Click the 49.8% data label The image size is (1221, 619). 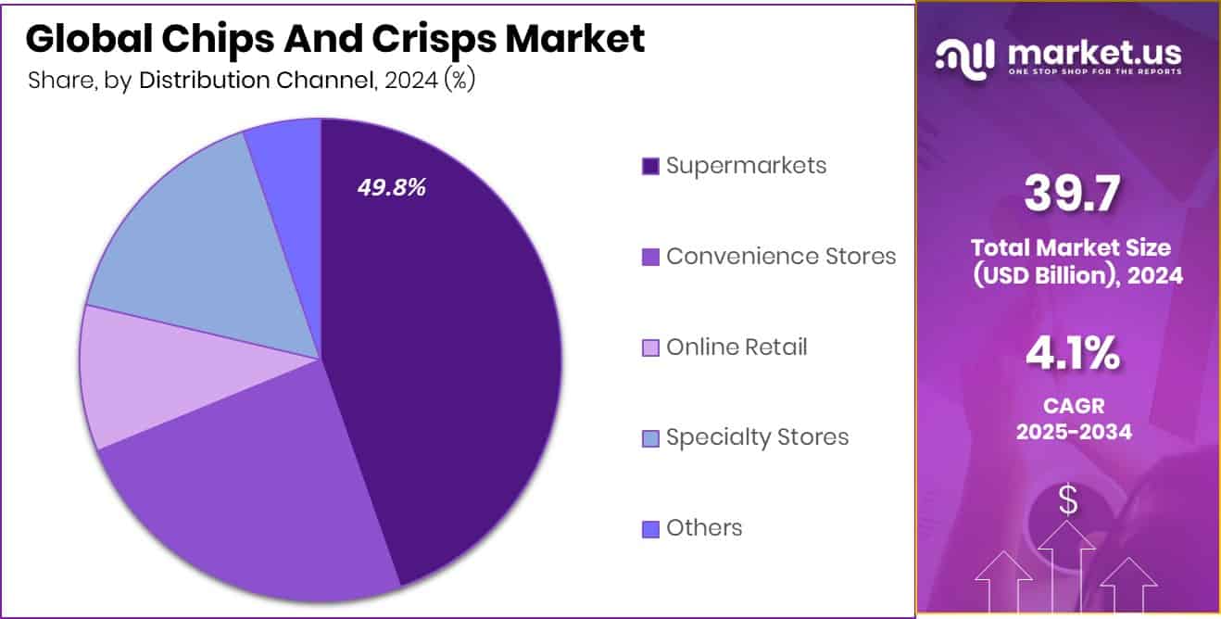pos(392,187)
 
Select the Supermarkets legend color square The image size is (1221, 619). pos(650,166)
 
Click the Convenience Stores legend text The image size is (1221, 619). pos(781,256)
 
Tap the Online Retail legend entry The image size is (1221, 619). pos(736,347)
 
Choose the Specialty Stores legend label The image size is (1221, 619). pos(757,436)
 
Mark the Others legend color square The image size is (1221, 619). pos(650,528)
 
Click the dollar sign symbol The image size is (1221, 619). pos(1068,501)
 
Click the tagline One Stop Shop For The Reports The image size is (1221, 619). pos(1094,72)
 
